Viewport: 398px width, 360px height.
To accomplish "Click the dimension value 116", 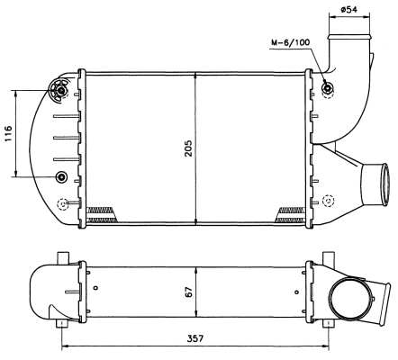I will tap(8, 134).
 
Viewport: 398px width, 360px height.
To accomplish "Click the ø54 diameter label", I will tap(352, 11).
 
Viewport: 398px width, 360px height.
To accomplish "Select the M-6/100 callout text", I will tap(290, 42).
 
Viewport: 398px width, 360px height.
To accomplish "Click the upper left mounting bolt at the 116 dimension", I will tap(61, 90).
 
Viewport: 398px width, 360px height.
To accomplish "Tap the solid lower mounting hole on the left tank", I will tap(61, 175).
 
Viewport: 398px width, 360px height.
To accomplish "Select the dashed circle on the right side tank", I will tap(328, 200).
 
